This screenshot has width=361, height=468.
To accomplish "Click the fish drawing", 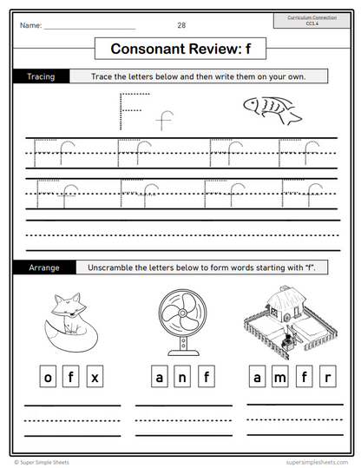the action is coord(270,109).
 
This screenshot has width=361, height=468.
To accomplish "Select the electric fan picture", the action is coord(183,318).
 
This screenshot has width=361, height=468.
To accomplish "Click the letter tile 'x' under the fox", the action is coord(95,377).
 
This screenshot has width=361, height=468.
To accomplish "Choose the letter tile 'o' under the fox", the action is coord(49,377).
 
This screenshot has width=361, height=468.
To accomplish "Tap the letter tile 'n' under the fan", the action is coord(183,377).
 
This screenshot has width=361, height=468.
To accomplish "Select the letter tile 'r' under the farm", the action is coord(327,377).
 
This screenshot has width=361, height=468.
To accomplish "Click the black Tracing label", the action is coord(41,76).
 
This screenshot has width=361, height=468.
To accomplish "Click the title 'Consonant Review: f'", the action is coord(180,49).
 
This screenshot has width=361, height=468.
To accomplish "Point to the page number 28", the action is coord(180,25).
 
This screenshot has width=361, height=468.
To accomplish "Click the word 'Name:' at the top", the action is coord(30,25).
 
